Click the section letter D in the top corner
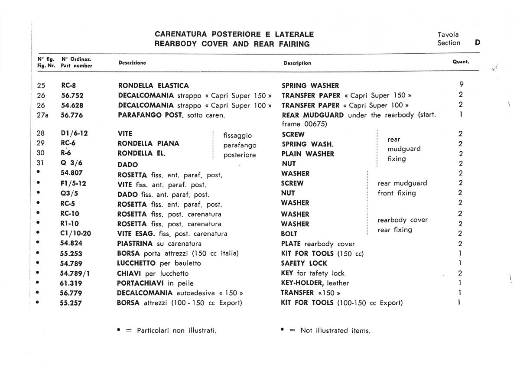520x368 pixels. click(x=478, y=42)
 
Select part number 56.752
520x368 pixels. click(x=72, y=95)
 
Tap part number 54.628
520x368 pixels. click(x=72, y=105)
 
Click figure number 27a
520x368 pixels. click(x=42, y=115)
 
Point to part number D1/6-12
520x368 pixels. click(x=74, y=134)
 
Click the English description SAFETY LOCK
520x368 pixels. click(x=304, y=263)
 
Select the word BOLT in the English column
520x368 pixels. click(x=289, y=234)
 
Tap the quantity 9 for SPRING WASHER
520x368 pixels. click(x=461, y=85)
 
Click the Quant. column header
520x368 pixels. click(x=461, y=62)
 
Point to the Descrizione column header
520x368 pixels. click(x=132, y=63)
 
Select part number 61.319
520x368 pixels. click(x=71, y=283)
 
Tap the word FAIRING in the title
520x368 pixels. click(x=296, y=44)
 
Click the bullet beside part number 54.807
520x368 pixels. click(x=39, y=173)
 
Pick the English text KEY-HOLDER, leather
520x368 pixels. click(x=315, y=283)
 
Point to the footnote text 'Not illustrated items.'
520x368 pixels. click(x=335, y=330)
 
